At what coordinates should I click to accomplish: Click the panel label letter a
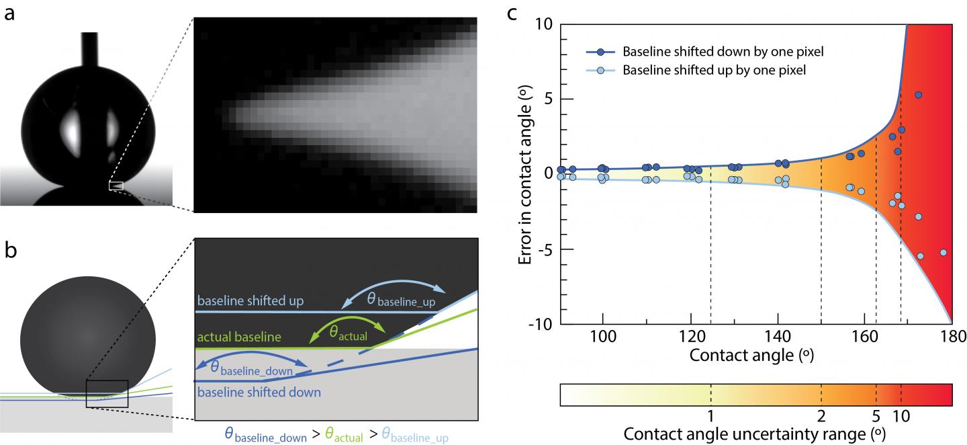click(x=9, y=12)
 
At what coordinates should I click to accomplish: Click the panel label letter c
click(x=512, y=12)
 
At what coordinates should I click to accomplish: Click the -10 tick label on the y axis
click(x=541, y=325)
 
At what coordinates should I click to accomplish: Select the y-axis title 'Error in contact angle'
click(x=528, y=173)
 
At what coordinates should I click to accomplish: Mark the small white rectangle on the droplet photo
click(x=116, y=185)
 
